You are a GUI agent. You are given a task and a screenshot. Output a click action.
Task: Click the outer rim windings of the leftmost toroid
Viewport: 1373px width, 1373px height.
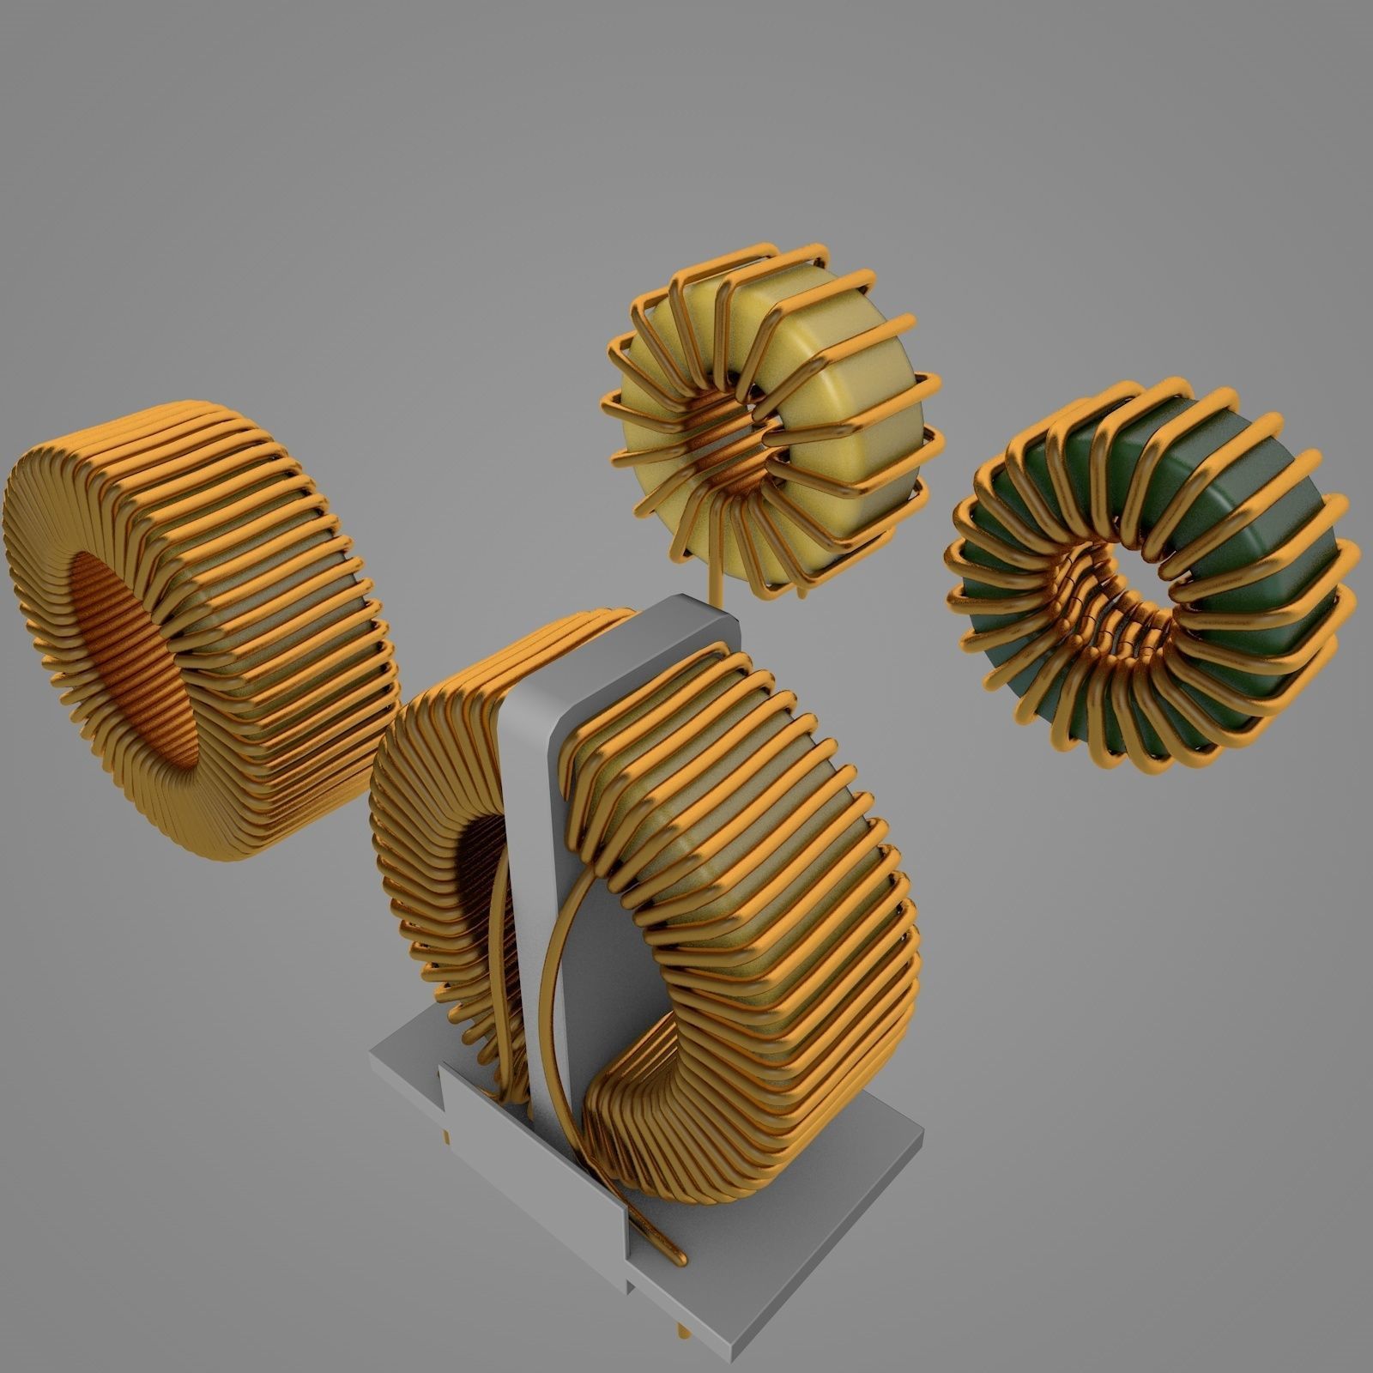point(283,601)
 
